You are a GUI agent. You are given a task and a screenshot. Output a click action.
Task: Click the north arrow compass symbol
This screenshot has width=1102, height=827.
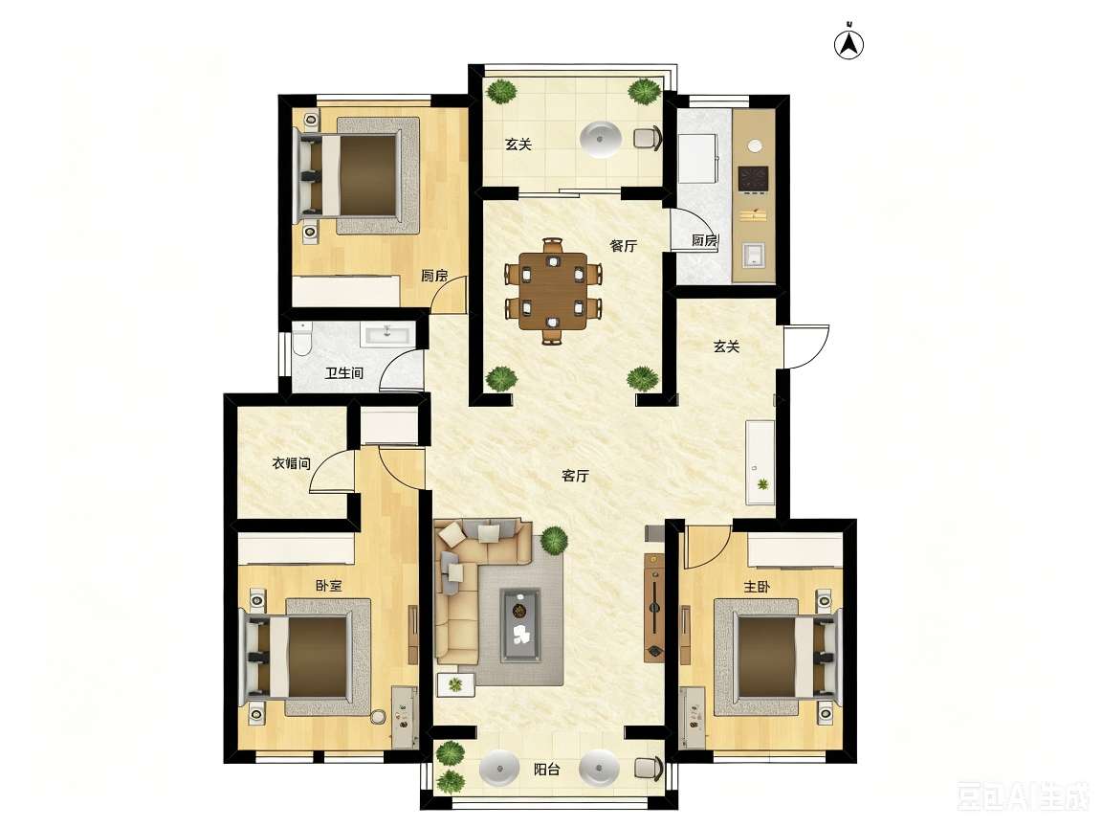849,44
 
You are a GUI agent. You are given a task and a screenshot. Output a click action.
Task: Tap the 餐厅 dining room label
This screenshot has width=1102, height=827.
624,245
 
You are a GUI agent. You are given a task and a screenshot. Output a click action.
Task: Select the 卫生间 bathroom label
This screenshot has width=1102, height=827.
343,372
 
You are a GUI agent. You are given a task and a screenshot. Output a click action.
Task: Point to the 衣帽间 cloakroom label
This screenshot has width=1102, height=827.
291,463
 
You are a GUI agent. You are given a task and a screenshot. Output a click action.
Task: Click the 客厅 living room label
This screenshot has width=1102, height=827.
575,476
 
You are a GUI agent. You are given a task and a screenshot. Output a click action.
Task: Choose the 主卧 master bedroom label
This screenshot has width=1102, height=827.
757,587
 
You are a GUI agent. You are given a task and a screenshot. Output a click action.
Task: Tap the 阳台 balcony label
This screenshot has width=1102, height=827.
547,770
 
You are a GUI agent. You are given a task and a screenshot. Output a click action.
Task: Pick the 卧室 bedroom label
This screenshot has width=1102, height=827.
329,586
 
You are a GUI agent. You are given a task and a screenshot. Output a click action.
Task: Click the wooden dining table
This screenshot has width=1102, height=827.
553,291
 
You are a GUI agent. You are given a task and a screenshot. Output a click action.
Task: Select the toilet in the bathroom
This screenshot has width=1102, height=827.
302,339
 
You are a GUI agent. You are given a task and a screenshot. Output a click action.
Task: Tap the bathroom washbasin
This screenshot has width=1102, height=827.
388,333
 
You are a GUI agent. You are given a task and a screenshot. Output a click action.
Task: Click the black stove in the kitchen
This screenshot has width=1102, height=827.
754,179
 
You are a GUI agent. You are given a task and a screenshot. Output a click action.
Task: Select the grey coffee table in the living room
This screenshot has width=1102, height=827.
520,624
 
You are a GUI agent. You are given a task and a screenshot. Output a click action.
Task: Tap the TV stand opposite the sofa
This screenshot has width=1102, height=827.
654,608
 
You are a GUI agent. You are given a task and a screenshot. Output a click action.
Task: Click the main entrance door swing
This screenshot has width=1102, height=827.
806,346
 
